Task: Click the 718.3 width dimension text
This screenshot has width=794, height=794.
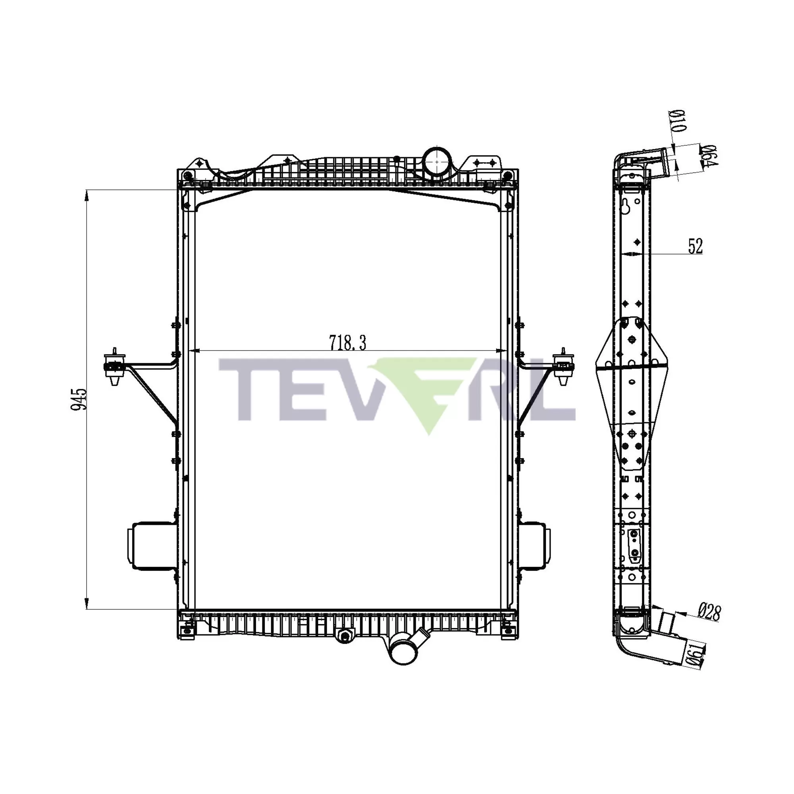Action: coord(347,343)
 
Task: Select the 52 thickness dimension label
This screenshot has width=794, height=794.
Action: coord(696,246)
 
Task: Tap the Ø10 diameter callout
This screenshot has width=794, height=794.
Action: coord(678,121)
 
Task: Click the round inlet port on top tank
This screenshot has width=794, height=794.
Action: coord(437,162)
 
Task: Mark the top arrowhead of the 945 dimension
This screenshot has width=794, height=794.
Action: coord(86,196)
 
